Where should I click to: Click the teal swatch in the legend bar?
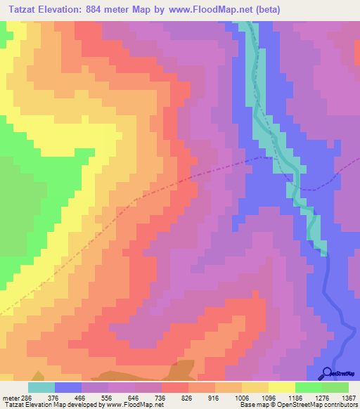[41, 387]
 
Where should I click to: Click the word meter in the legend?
[10, 397]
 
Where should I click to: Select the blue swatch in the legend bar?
[68, 387]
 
